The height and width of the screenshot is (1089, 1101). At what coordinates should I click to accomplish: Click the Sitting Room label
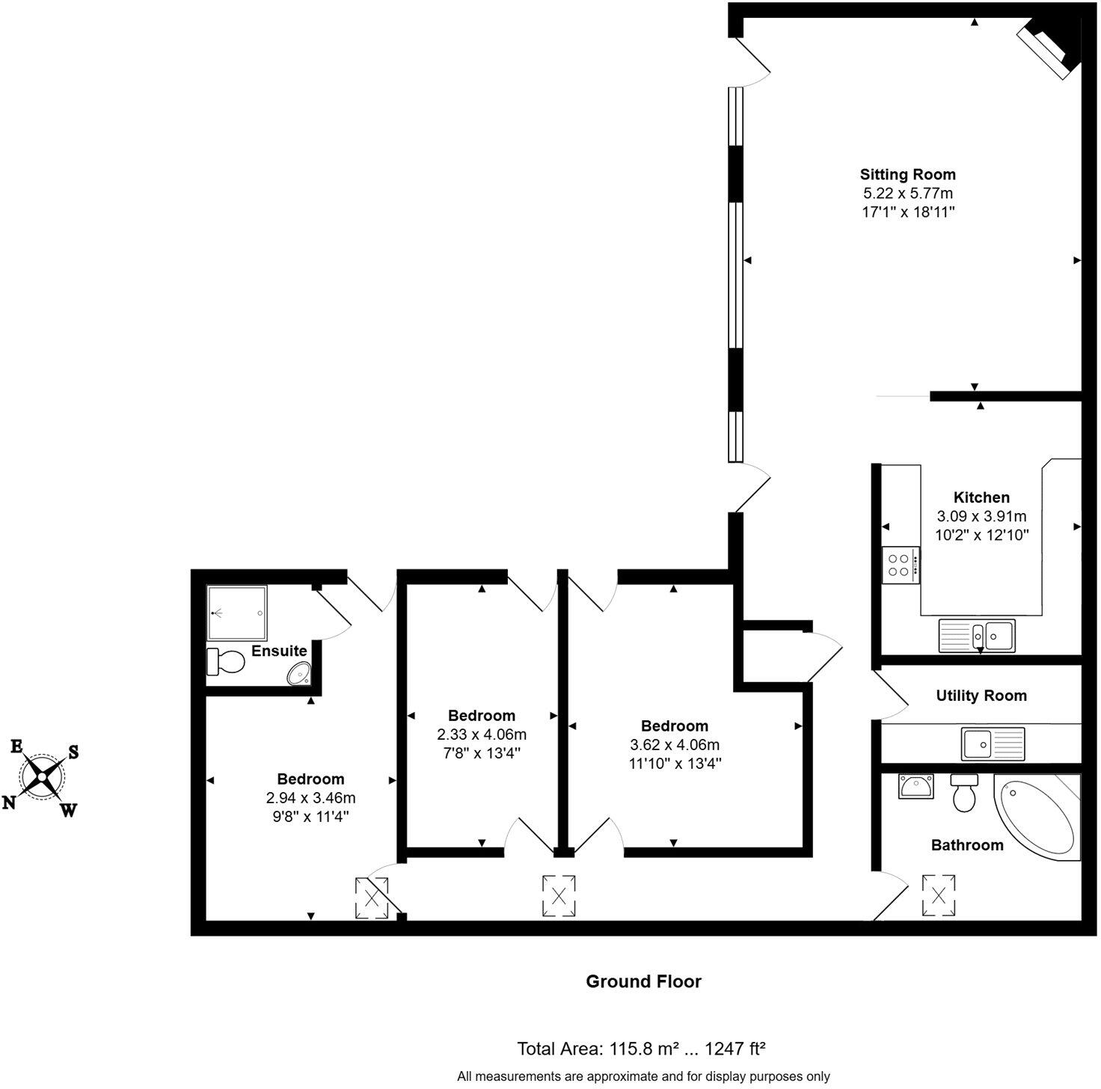(907, 174)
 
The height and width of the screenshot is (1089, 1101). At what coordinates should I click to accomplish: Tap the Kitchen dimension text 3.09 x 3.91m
(981, 516)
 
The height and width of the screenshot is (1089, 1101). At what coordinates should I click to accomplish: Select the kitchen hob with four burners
(901, 565)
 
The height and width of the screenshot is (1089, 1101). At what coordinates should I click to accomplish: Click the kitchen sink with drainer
(977, 635)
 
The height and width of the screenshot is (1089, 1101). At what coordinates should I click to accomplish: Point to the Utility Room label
(981, 696)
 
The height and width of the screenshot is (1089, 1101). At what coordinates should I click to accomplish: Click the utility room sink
(994, 743)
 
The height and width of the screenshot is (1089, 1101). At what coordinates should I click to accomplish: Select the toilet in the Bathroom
(963, 794)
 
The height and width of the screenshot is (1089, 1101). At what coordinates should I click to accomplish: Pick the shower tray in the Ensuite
(236, 613)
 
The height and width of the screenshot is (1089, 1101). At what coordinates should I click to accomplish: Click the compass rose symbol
(43, 776)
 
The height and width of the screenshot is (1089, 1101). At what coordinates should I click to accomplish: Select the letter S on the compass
(73, 752)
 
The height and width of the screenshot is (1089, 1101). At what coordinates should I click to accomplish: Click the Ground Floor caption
(643, 981)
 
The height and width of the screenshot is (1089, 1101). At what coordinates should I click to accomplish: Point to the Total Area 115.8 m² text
(640, 1049)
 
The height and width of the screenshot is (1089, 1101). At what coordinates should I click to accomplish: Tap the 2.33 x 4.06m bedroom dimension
(482, 734)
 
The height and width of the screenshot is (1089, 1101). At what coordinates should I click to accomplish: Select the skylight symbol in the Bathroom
(939, 895)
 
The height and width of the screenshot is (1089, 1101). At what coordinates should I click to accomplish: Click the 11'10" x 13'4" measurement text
(675, 764)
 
